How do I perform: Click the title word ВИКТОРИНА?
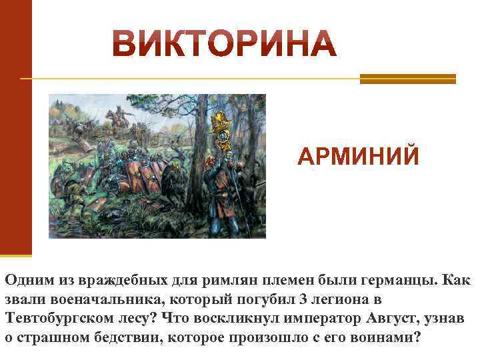coord(224,43)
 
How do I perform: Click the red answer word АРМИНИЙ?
coord(359,157)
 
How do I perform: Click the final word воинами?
coord(390,336)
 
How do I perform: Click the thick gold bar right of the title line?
coord(407,79)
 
